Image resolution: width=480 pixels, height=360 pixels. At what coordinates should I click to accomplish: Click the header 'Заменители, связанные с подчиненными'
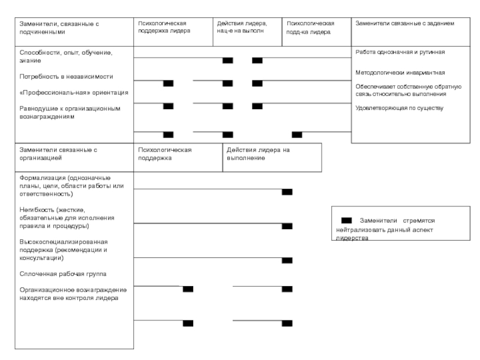point(59,28)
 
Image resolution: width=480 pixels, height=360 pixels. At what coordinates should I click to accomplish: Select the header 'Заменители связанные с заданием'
point(404,23)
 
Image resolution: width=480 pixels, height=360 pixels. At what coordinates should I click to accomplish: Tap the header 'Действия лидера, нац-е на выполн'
point(242,27)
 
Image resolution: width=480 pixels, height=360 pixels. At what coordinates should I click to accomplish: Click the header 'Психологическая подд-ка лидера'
point(310,28)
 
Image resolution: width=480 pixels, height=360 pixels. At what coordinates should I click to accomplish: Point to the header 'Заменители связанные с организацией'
point(58,154)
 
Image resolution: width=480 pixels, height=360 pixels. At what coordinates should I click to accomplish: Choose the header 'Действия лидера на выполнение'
point(258,154)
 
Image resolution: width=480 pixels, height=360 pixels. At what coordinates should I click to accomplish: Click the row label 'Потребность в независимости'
point(66,77)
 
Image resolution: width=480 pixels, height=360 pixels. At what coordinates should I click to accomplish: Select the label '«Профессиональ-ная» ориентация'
point(74,92)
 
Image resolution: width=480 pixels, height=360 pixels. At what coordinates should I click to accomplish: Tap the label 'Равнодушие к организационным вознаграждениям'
point(70,112)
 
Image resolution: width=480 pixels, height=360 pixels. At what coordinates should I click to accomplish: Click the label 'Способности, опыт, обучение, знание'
point(66,56)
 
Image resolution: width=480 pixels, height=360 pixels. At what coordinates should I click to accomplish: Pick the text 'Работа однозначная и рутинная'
point(400,52)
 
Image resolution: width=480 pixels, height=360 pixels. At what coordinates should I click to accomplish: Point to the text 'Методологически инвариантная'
point(400,73)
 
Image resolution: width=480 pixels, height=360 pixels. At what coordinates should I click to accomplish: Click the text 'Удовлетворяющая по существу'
point(399,108)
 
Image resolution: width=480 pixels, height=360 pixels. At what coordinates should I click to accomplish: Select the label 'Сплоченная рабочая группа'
point(63,274)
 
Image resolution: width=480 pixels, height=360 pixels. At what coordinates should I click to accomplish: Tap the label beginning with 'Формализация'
point(71,186)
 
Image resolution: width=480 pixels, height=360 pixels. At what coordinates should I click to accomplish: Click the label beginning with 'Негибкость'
point(67,218)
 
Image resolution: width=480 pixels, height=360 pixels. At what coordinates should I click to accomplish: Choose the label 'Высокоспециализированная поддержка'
point(64,250)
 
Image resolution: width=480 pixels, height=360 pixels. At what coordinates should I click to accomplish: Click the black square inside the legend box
point(346,220)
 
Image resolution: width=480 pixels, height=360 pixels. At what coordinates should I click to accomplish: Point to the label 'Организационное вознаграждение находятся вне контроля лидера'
point(73,293)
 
